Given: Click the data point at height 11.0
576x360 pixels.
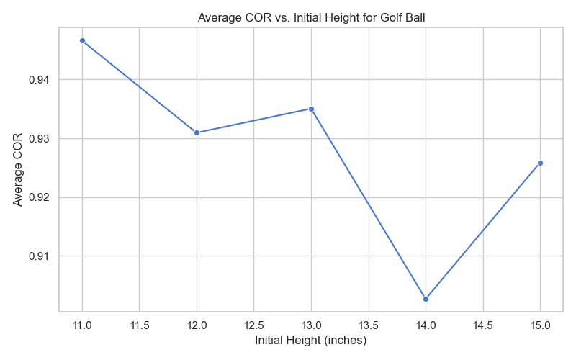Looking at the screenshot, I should [82, 40].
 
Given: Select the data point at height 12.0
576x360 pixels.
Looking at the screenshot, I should [197, 132].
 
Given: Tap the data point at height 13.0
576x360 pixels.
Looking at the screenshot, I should [311, 109].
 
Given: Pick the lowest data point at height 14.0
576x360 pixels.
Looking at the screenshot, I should [426, 299].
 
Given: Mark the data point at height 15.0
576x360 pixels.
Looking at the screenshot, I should [540, 163].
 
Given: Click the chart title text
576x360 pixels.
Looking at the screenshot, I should [310, 19].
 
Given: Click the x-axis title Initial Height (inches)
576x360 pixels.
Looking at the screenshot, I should [310, 341].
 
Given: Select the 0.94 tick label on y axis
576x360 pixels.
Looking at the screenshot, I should [39, 79].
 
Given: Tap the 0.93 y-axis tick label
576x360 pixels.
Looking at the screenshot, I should [39, 138].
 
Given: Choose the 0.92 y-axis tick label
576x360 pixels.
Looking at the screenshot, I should [39, 197].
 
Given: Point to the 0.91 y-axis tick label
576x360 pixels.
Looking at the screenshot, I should [39, 256].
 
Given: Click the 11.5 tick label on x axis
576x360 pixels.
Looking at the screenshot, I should [139, 325].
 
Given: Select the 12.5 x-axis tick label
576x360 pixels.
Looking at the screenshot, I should [253, 325].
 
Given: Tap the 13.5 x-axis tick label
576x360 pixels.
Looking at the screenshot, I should [368, 325].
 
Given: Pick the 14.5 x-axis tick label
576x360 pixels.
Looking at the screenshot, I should [482, 325].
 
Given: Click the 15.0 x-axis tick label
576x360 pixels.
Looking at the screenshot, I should [540, 325].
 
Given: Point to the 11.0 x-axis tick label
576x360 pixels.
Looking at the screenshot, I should [82, 325].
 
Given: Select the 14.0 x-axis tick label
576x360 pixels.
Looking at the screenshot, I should [426, 325].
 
